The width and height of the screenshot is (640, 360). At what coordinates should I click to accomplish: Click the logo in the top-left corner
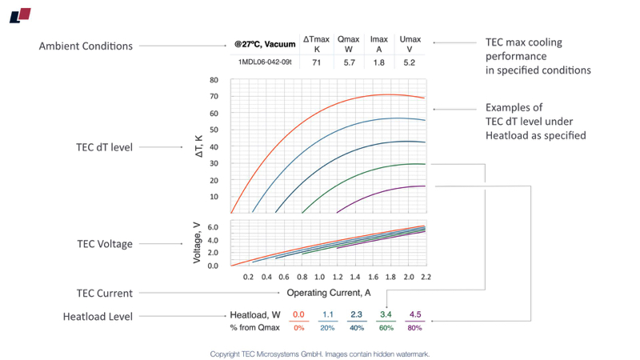coord(20,14)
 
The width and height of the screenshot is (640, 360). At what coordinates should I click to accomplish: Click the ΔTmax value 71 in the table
coord(316,62)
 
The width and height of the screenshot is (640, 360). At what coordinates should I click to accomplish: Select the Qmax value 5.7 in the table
coord(348,62)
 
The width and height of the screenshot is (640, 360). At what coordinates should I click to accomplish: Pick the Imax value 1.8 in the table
coord(379,62)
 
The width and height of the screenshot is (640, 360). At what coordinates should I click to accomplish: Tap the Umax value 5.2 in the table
coord(410,62)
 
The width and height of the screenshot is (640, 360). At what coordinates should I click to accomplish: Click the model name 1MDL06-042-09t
coord(265,62)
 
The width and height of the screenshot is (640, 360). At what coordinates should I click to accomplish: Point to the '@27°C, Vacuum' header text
coord(265,44)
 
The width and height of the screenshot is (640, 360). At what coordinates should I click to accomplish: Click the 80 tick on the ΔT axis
coord(214,80)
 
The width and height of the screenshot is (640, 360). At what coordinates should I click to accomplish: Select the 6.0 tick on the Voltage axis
coord(212,227)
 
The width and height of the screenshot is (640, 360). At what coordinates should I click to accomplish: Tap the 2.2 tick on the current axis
coord(425,276)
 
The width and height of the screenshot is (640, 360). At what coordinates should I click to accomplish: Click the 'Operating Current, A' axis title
coord(329,293)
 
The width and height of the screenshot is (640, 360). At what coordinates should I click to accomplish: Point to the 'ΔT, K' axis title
coord(198,146)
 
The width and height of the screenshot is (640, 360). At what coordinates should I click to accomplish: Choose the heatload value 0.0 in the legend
coord(298,315)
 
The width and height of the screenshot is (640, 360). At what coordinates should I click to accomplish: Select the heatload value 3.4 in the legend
coord(386,315)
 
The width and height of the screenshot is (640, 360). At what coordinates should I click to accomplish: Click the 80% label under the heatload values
coord(414,328)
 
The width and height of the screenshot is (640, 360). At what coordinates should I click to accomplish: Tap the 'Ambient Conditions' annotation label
coord(86,46)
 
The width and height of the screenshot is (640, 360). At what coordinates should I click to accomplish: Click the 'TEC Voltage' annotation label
coord(104,244)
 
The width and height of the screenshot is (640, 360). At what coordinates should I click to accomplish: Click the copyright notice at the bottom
coord(320,353)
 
